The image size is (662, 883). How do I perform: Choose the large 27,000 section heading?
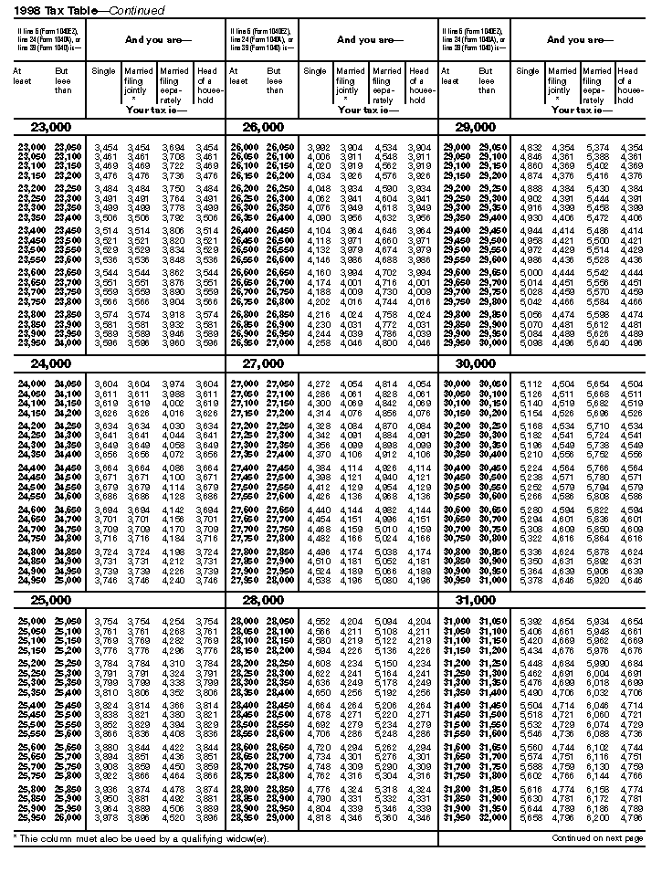point(262,363)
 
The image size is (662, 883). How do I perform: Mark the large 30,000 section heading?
point(475,363)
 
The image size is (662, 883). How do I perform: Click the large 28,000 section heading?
point(262,600)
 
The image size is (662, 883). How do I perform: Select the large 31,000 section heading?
point(475,600)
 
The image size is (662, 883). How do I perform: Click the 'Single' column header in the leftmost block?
point(104,71)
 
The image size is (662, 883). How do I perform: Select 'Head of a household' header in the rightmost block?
point(628,84)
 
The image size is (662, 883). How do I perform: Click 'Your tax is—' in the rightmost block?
point(577,110)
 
